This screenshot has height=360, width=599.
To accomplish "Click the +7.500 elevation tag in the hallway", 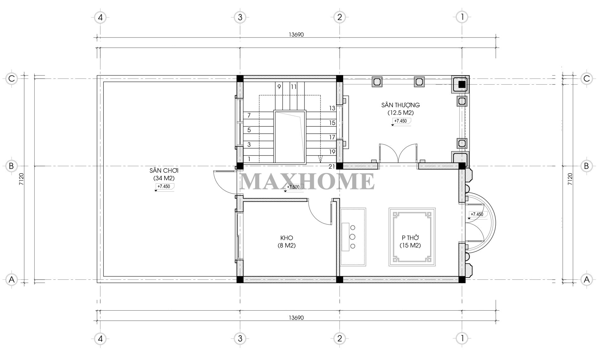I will tap(293, 187).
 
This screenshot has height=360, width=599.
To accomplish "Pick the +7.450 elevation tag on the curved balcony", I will tap(476, 214).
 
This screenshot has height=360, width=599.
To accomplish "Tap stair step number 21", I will tap(332, 166).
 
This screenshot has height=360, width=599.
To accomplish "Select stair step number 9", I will tap(279, 87).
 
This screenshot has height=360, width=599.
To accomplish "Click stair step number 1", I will tap(249, 159).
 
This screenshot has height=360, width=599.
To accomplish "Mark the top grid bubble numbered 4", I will tap(100, 17).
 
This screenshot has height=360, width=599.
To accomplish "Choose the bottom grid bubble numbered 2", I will tap(339, 338).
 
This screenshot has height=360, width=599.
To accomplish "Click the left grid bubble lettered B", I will tap(11, 166).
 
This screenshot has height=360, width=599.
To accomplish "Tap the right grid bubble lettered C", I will tap(587, 78).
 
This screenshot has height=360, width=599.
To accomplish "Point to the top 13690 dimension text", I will tap(296, 35).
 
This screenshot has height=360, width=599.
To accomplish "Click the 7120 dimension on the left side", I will tap(21, 180).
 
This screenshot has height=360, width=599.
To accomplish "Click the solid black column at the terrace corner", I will tap(462, 84).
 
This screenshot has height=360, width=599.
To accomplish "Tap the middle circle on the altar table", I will tap(353, 237).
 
